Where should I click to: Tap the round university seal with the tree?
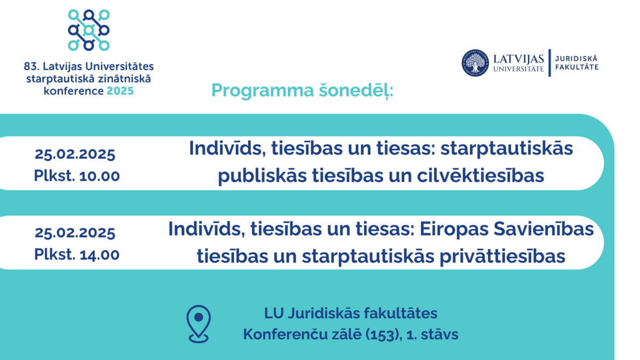click(475, 63)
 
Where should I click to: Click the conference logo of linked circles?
click(89, 30)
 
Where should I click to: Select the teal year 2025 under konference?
click(121, 91)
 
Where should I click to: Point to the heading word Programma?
click(263, 91)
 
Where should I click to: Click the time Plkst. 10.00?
click(77, 175)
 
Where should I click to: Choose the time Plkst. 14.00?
click(77, 254)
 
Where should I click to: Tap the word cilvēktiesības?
click(481, 175)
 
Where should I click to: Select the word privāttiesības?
click(502, 257)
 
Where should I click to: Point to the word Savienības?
click(543, 229)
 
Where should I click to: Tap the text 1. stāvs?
click(432, 334)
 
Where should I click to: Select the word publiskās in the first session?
click(262, 176)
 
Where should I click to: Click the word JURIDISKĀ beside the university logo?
click(577, 59)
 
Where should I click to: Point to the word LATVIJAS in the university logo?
click(518, 59)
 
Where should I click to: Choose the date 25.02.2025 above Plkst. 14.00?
click(75, 233)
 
